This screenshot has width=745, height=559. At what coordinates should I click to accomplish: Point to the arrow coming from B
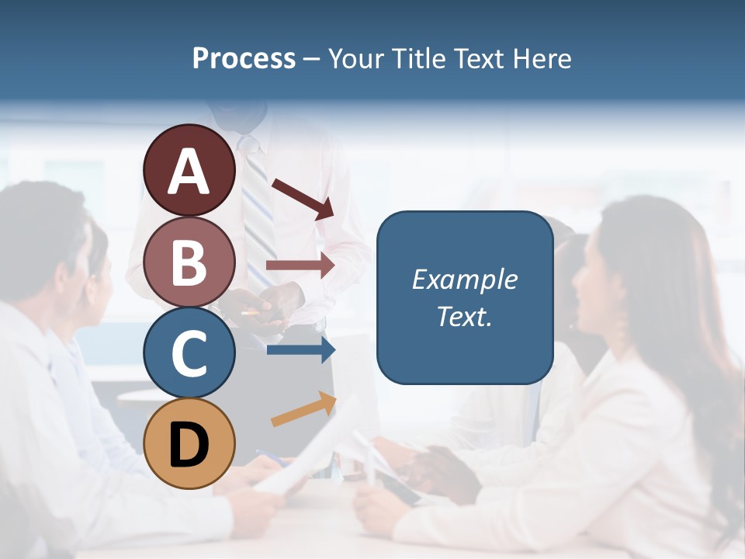300,265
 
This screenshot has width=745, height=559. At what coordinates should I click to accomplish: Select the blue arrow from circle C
301,350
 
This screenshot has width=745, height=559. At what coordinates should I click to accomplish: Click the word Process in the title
244,58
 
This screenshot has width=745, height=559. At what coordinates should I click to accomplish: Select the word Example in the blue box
464,279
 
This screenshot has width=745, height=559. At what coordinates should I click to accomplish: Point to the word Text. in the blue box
464,317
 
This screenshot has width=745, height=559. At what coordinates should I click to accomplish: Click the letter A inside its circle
189,172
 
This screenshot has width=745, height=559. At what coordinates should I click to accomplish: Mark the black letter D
189,445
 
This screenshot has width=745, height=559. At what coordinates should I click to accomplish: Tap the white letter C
189,353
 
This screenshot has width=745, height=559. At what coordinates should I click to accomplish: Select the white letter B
189,262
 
